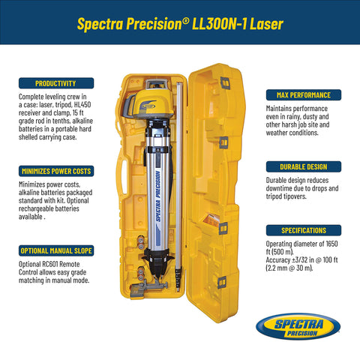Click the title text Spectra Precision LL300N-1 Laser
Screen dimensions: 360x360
click(180, 23)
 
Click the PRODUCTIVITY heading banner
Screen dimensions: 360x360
click(56, 83)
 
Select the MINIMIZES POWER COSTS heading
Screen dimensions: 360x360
click(56, 171)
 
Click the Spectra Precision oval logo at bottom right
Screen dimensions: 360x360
click(297, 328)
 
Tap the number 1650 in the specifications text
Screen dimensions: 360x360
click(334, 244)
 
